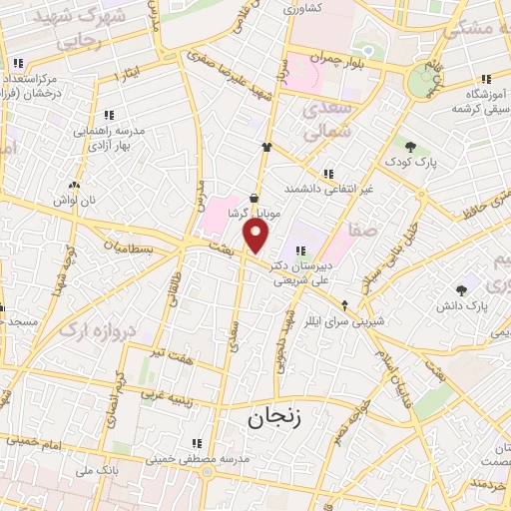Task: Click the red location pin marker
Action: point(256,236)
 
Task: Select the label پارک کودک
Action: point(414,161)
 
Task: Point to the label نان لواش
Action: point(75,200)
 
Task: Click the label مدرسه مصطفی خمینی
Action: point(196,459)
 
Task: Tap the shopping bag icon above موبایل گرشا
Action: point(255,199)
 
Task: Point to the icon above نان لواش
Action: point(74,185)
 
